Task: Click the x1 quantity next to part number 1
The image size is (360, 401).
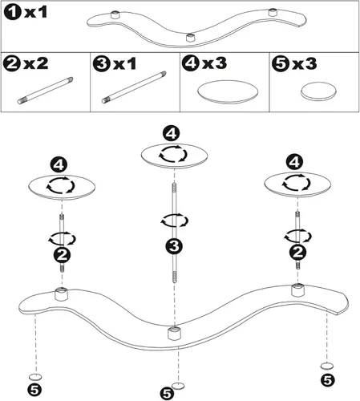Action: pos(35,12)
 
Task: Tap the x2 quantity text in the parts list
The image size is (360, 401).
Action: pos(36,63)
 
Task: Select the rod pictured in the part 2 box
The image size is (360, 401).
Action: pos(45,91)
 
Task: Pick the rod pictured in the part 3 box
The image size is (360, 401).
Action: pos(134,87)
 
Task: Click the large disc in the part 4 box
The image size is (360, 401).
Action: pos(228,91)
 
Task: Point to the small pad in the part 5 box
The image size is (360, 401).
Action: pos(318,91)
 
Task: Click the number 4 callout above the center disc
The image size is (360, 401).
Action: pos(172,134)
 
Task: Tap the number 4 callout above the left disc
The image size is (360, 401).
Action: pos(59,164)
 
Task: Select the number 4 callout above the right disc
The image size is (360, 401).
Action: pos(294,162)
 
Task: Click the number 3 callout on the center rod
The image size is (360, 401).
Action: pos(174,246)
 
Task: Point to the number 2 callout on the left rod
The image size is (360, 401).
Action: pos(63,255)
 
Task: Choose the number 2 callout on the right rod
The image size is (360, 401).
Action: pos(297,252)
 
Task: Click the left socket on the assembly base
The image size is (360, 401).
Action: pos(62,294)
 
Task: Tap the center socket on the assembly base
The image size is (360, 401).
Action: pos(175,333)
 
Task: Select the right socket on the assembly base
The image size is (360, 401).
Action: pos(298,290)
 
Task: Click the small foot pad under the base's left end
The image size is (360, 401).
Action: pos(35,377)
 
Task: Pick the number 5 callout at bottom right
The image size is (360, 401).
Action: pos(328,380)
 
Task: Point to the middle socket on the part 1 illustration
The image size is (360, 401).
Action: pos(190,38)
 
